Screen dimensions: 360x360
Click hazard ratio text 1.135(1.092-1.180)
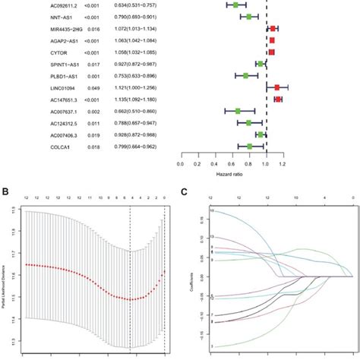coord(144,99)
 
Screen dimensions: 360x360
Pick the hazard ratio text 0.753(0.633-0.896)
coord(144,75)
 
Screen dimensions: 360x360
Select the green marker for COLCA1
coord(249,146)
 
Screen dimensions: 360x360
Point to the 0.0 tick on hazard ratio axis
coord(180,162)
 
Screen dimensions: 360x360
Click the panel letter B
coord(6,192)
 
